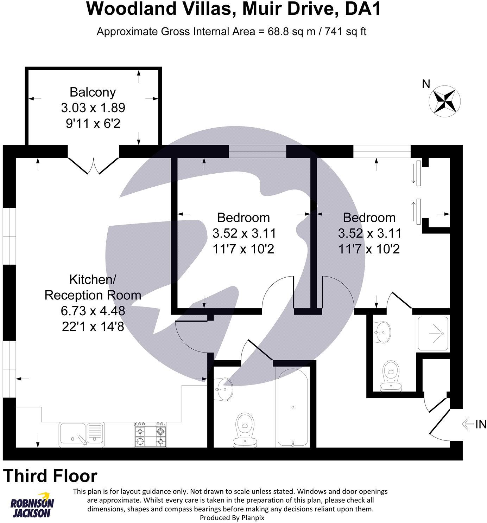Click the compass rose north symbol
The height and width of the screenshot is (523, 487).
pyautogui.click(x=445, y=100)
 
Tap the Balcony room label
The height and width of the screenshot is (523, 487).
pyautogui.click(x=93, y=92)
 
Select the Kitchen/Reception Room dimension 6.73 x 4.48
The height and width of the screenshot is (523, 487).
pyautogui.click(x=93, y=311)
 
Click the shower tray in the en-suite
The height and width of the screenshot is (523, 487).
pyautogui.click(x=433, y=333)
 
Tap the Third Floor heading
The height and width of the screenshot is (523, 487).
pyautogui.click(x=50, y=476)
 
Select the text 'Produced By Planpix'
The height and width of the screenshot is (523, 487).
pyautogui.click(x=232, y=517)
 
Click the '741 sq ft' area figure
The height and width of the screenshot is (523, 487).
pyautogui.click(x=346, y=32)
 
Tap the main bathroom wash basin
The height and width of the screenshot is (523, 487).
pyautogui.click(x=224, y=388)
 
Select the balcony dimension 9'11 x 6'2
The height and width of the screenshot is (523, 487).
pyautogui.click(x=93, y=123)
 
